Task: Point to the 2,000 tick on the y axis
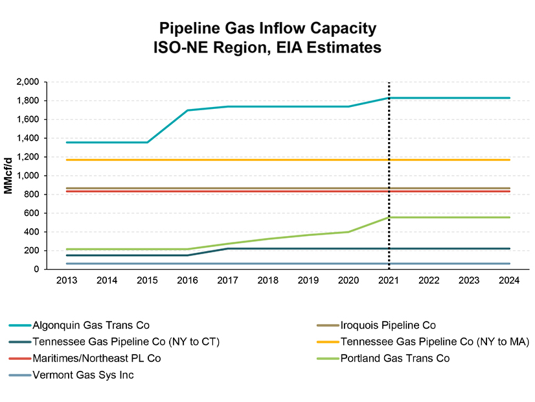[27, 82]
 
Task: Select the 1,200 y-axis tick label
[27, 157]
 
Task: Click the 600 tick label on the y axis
[32, 213]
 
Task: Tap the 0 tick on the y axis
[38, 270]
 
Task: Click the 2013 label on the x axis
[67, 281]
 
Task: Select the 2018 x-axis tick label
[268, 281]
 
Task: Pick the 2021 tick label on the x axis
[389, 281]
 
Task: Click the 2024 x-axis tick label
[509, 281]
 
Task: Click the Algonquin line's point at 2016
[188, 110]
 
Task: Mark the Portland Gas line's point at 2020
[348, 231]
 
